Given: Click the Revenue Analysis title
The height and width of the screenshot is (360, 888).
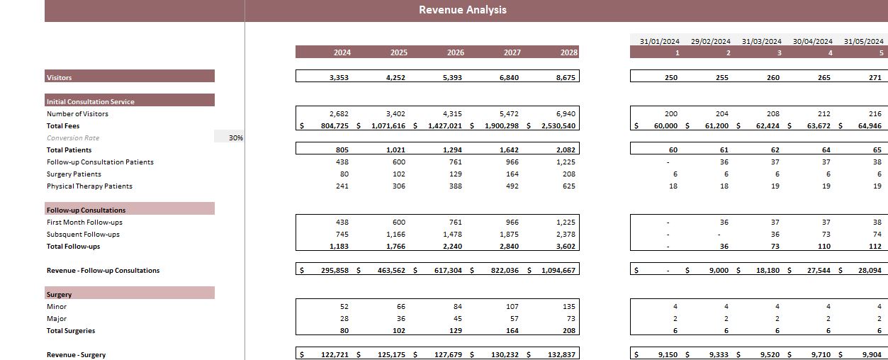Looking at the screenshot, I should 462,10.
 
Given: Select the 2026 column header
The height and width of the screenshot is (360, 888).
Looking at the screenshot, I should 456,52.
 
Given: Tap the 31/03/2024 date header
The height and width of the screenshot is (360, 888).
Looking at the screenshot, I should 761,41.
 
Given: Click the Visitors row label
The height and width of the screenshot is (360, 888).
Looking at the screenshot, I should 60,77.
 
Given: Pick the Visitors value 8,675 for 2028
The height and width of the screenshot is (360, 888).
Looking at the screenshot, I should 566,77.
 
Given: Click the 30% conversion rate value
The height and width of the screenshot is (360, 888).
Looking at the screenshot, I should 236,138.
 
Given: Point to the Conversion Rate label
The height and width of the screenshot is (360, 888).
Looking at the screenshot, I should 73,138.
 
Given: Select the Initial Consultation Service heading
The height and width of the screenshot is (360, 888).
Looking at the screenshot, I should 91,101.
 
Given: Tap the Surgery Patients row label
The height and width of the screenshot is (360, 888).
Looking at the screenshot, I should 74,174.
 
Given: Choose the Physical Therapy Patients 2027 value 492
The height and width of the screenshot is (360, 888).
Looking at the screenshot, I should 510,186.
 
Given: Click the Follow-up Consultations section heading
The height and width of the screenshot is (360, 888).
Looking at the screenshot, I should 86,210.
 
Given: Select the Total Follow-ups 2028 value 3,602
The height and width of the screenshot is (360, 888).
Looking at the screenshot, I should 566,247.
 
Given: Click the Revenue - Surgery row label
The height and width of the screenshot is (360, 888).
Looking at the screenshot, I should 76,355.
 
